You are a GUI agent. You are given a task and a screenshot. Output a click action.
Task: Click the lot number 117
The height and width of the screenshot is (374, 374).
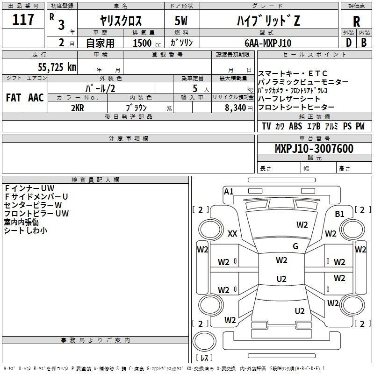[x=23, y=20]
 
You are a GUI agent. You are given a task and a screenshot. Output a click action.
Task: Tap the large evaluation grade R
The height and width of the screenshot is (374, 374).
[x=356, y=21]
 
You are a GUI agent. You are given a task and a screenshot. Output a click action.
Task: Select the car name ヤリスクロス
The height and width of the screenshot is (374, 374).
[x=121, y=21]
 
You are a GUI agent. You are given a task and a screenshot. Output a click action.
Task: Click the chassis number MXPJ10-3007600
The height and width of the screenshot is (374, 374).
[x=314, y=149]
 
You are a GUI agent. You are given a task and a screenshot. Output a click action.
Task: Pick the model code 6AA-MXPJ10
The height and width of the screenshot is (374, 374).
[x=267, y=43]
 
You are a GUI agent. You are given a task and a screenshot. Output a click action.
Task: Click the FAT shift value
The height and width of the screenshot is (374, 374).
[x=13, y=98]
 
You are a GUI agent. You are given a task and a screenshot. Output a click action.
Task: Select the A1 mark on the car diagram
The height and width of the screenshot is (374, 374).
[x=229, y=191]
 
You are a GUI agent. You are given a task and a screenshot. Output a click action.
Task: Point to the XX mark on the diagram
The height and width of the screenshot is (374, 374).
[x=232, y=234]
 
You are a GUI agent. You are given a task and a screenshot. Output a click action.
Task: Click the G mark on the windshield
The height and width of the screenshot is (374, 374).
[x=295, y=246]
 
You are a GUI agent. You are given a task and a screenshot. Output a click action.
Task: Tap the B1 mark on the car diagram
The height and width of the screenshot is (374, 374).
[x=339, y=214]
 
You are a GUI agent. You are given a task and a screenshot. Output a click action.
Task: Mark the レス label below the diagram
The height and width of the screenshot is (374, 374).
[x=204, y=358]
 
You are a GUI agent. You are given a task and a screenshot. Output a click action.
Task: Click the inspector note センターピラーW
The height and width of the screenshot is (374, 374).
[x=33, y=205]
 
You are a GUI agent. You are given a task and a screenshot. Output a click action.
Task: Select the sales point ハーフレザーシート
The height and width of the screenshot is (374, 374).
[x=289, y=99]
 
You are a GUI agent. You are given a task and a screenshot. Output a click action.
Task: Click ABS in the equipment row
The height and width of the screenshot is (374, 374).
[x=295, y=126]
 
